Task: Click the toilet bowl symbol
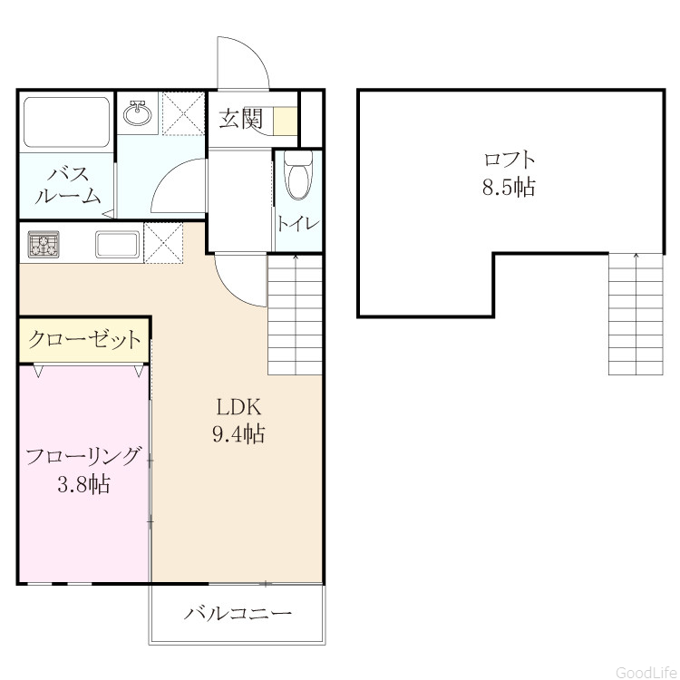[298, 175]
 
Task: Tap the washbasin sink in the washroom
[137, 112]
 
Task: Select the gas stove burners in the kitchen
[44, 244]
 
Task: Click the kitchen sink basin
[118, 244]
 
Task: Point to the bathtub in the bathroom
[66, 122]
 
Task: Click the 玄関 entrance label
[241, 118]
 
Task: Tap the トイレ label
[298, 224]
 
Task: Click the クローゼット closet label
[84, 340]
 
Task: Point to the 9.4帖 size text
[239, 433]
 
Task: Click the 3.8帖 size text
[83, 484]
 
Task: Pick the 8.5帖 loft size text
[509, 188]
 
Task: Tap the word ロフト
[510, 160]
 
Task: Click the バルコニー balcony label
[238, 613]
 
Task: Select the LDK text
[239, 407]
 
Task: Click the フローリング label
[83, 456]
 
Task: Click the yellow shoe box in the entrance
[285, 121]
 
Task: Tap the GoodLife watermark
[647, 672]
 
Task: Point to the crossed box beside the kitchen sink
[163, 243]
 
